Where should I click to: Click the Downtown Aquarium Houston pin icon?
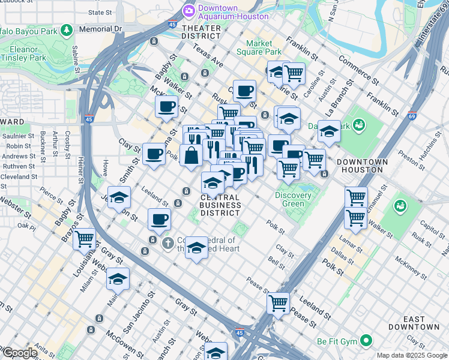coord(189,11)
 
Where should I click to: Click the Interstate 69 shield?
coord(412,115)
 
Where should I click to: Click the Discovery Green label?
coord(293,199)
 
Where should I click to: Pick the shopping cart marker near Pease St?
coord(279,303)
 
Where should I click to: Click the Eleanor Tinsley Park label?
coord(24,53)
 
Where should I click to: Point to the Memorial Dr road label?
coord(100,28)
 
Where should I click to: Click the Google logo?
coord(20,353)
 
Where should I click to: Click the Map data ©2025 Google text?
coord(412,355)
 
